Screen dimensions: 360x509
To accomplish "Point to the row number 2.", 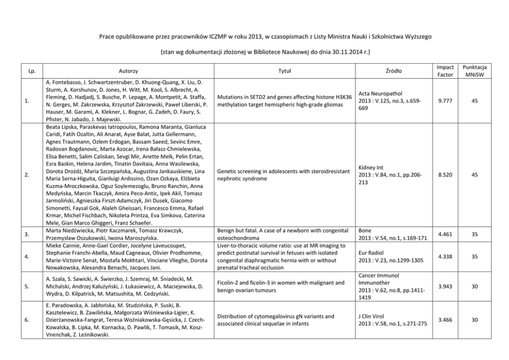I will (x=26, y=175).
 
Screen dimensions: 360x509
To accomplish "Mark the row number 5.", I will (x=26, y=286).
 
